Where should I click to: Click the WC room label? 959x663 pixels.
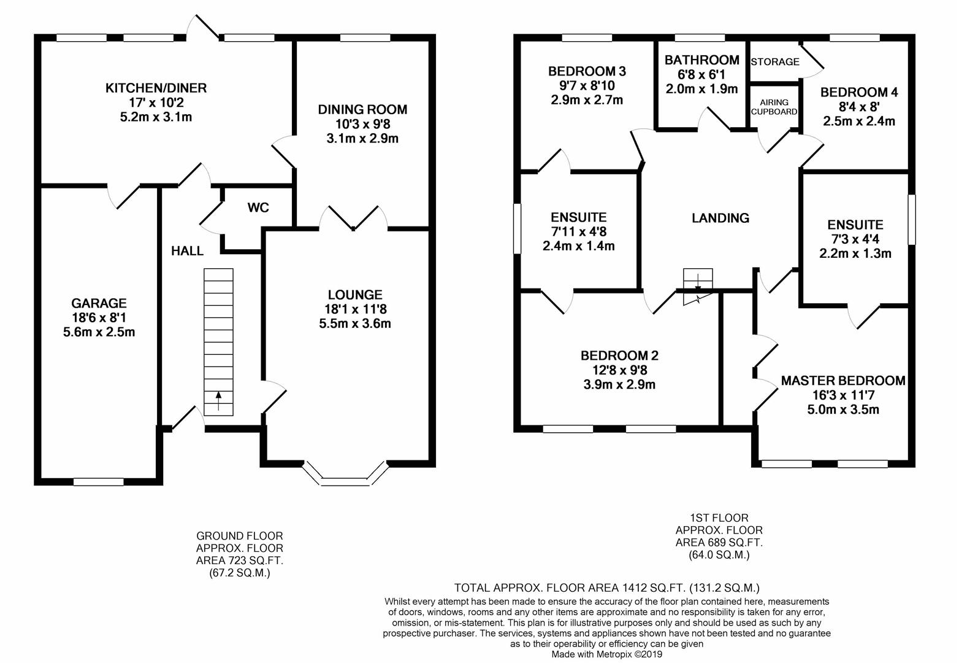[258, 208]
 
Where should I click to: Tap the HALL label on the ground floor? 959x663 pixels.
[187, 251]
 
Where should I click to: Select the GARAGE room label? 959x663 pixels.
[99, 303]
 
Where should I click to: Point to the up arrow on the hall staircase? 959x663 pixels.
[218, 401]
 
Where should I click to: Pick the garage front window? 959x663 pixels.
[99, 482]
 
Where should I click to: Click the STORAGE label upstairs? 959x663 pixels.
[775, 62]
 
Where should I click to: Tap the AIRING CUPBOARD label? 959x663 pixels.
[774, 107]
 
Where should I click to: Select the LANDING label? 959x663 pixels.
[720, 218]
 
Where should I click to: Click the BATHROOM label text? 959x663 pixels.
[701, 60]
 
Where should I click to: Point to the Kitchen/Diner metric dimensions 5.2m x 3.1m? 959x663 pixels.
[156, 117]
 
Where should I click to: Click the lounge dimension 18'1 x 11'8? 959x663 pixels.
[355, 309]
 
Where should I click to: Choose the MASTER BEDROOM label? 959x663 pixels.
[843, 381]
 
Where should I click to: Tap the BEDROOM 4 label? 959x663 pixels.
[859, 92]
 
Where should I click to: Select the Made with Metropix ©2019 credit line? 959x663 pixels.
[606, 654]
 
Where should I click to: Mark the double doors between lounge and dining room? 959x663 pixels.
[353, 218]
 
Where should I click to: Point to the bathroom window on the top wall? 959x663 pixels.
[700, 38]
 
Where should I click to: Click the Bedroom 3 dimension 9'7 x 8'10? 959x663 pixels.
[587, 86]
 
